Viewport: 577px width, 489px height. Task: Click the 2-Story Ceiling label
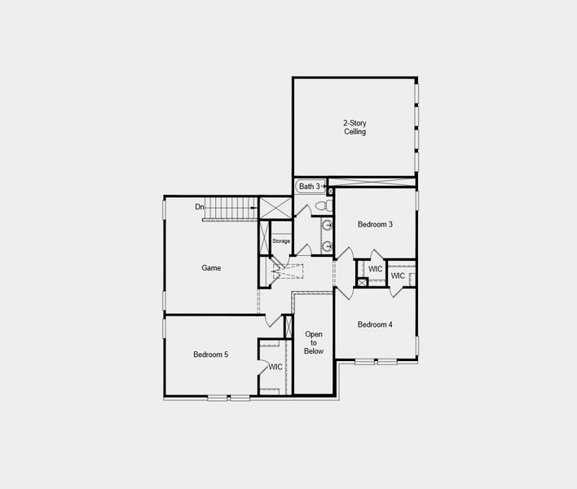[x=355, y=127]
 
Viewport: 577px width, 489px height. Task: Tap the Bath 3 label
[x=309, y=187]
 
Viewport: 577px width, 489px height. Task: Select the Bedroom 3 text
[x=376, y=224]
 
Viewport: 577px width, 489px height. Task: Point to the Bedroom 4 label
[x=375, y=324]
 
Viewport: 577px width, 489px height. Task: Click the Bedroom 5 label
[x=210, y=355]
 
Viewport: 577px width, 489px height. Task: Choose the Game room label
[x=211, y=267]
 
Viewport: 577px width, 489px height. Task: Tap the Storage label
[x=281, y=241]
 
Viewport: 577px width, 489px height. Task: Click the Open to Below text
[x=314, y=342]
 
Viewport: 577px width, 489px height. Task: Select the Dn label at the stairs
[x=199, y=207]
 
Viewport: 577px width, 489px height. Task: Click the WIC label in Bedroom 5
[x=275, y=367]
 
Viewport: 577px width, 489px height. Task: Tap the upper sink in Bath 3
[x=326, y=225]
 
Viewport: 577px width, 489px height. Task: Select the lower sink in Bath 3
[x=326, y=245]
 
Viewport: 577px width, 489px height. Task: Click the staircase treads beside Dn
[x=230, y=208]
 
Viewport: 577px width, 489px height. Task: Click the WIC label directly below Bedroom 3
[x=375, y=269]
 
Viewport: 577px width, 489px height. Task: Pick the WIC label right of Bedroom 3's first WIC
[x=398, y=275]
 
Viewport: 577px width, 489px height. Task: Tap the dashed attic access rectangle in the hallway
[x=288, y=271]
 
